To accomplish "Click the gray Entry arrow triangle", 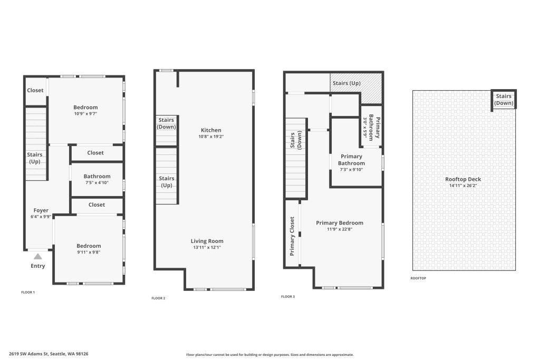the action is tap(38, 256).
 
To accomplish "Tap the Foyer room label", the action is tap(41, 210).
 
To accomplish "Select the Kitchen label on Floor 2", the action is tap(211, 130).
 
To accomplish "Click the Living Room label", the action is tap(207, 241).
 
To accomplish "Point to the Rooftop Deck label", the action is tap(463, 179).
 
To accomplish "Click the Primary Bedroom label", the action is tap(340, 222).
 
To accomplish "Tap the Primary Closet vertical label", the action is tap(292, 236).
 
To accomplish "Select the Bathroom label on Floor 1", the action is tap(97, 176).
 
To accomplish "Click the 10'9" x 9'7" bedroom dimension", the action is tap(86, 113).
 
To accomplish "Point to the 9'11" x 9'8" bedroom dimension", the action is tap(89, 252).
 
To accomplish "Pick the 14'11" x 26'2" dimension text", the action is tap(463, 186).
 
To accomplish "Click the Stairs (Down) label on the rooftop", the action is tap(504, 100).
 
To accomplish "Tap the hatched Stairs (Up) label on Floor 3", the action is tap(346, 83).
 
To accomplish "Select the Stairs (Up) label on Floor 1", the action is tap(34, 158).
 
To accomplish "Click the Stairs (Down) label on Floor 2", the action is tap(166, 123).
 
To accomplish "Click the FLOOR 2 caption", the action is tap(158, 298).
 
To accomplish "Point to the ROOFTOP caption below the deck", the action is tap(418, 278).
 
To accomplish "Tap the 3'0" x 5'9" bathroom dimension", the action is tap(365, 128).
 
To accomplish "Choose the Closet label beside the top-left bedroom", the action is tap(35, 90).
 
